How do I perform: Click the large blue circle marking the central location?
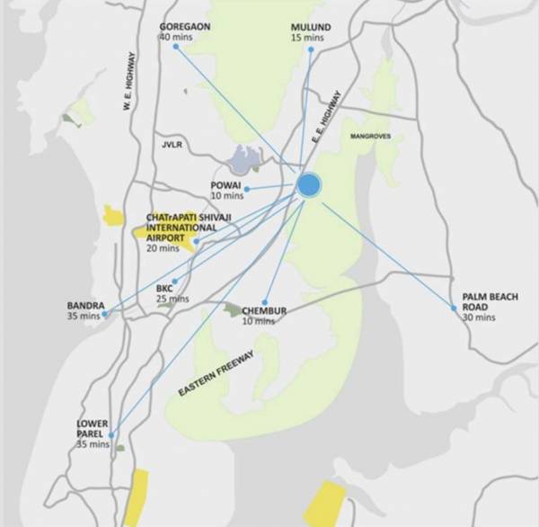(x=308, y=184)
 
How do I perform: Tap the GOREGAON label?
(x=184, y=27)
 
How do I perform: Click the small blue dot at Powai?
(x=246, y=189)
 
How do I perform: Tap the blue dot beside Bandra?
(x=105, y=315)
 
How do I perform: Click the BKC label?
(x=164, y=289)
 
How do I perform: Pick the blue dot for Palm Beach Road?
(x=455, y=308)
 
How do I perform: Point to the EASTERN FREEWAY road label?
(x=216, y=373)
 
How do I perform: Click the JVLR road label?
(x=172, y=143)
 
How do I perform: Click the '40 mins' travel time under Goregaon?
(x=176, y=38)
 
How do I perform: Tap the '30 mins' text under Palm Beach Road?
(x=479, y=317)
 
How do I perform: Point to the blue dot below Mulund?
(x=311, y=49)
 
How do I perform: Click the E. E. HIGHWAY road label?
(x=327, y=114)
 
